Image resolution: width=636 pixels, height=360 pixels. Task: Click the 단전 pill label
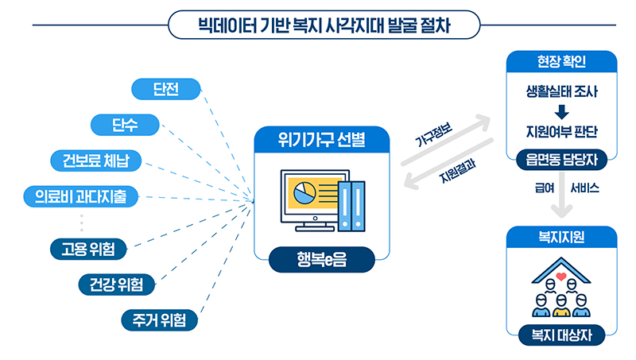point(165,89)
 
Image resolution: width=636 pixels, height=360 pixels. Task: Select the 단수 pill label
point(125,125)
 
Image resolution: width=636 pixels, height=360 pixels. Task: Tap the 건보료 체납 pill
point(95,161)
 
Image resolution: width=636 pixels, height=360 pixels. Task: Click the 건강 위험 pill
point(116,284)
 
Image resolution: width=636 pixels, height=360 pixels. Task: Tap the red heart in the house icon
point(560,278)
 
